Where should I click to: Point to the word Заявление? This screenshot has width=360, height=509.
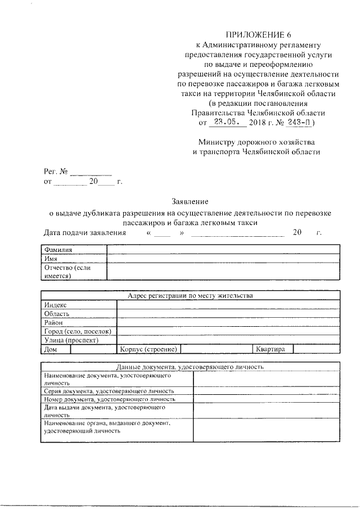(190, 201)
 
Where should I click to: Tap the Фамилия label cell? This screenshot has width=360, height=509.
(74, 250)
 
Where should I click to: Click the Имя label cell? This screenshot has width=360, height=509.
(74, 259)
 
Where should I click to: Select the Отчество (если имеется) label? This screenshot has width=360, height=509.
(74, 272)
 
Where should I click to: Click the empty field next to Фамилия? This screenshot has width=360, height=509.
(223, 250)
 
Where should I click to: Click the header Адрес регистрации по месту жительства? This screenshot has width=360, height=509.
(190, 295)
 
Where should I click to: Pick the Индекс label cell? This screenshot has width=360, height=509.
(79, 304)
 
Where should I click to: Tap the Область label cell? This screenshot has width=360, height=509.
(79, 313)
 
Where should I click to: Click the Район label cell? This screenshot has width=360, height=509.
(79, 322)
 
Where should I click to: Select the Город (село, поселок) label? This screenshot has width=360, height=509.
(79, 331)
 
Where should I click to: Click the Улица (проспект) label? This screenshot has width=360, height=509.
(79, 340)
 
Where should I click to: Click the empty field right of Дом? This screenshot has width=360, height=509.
(93, 349)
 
